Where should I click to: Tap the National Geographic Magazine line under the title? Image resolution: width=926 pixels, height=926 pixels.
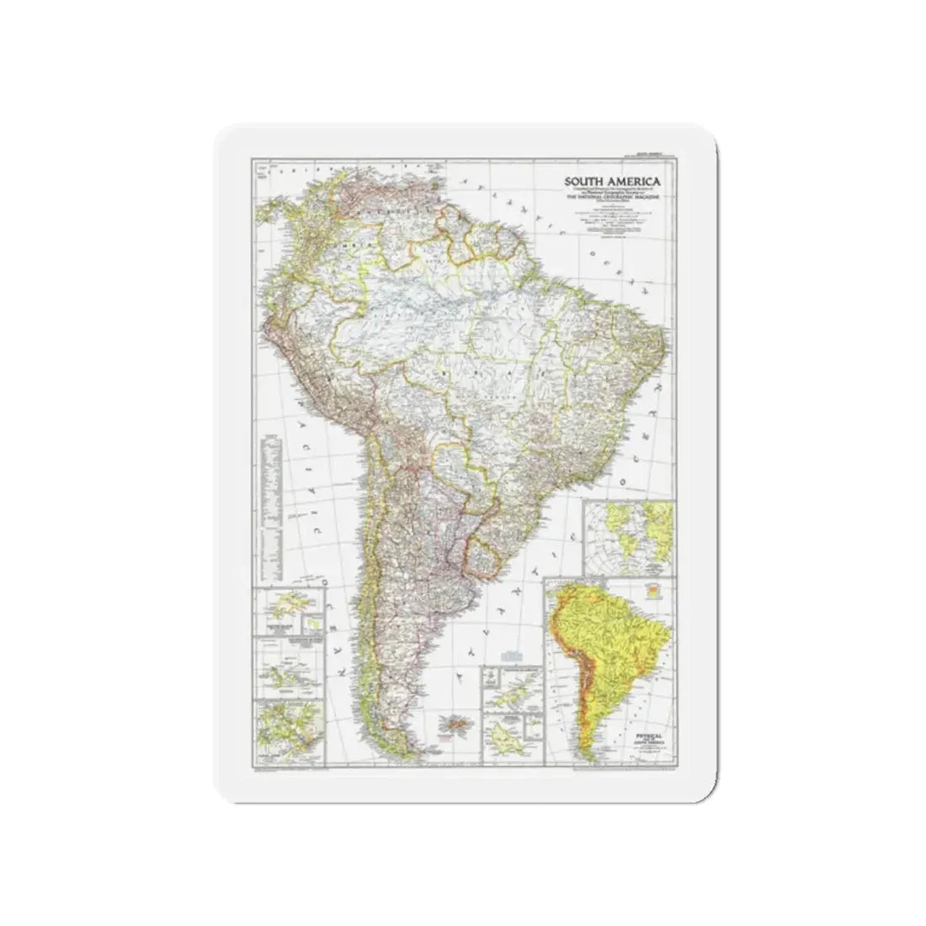coord(612,198)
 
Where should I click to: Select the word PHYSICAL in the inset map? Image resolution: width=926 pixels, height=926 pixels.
coord(648,735)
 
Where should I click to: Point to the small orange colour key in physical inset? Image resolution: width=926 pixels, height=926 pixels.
coord(650,591)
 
